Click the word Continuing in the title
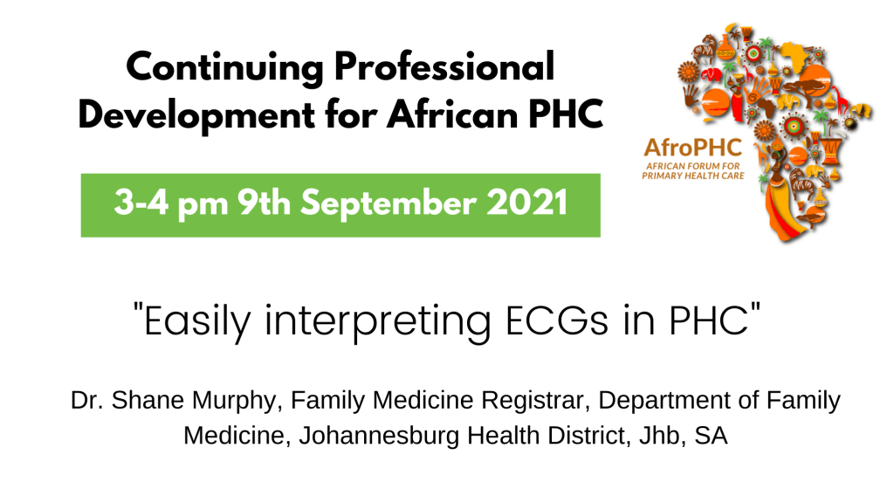[x=225, y=68]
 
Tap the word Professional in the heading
[x=444, y=66]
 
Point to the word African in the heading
[x=452, y=114]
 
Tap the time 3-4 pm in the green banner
[x=171, y=203]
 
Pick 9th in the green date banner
[x=264, y=203]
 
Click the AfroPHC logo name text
[x=692, y=148]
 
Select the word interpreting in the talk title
[x=377, y=322]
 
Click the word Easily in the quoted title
[x=196, y=322]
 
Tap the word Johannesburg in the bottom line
[x=379, y=437]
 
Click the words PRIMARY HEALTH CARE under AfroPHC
[x=693, y=176]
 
